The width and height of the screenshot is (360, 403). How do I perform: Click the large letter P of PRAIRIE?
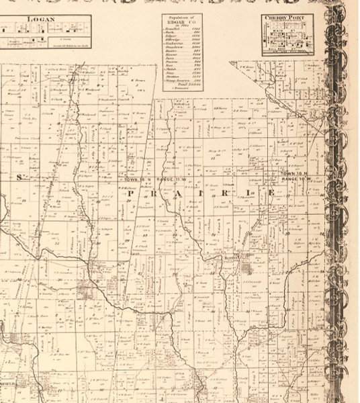128,195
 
